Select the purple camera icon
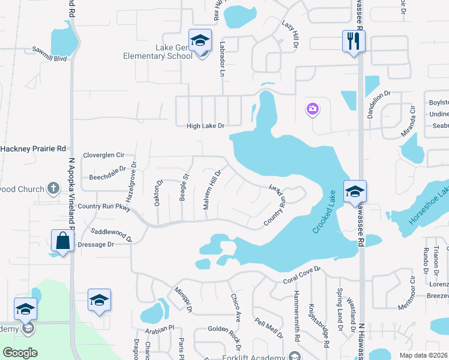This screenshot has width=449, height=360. tap(312, 109)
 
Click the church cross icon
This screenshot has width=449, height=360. tap(53, 188)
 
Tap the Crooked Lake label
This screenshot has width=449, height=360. tap(325, 212)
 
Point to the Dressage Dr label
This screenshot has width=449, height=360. tap(94, 245)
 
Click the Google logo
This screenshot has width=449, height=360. tap(20, 352)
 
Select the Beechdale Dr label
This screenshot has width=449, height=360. tap(107, 173)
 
